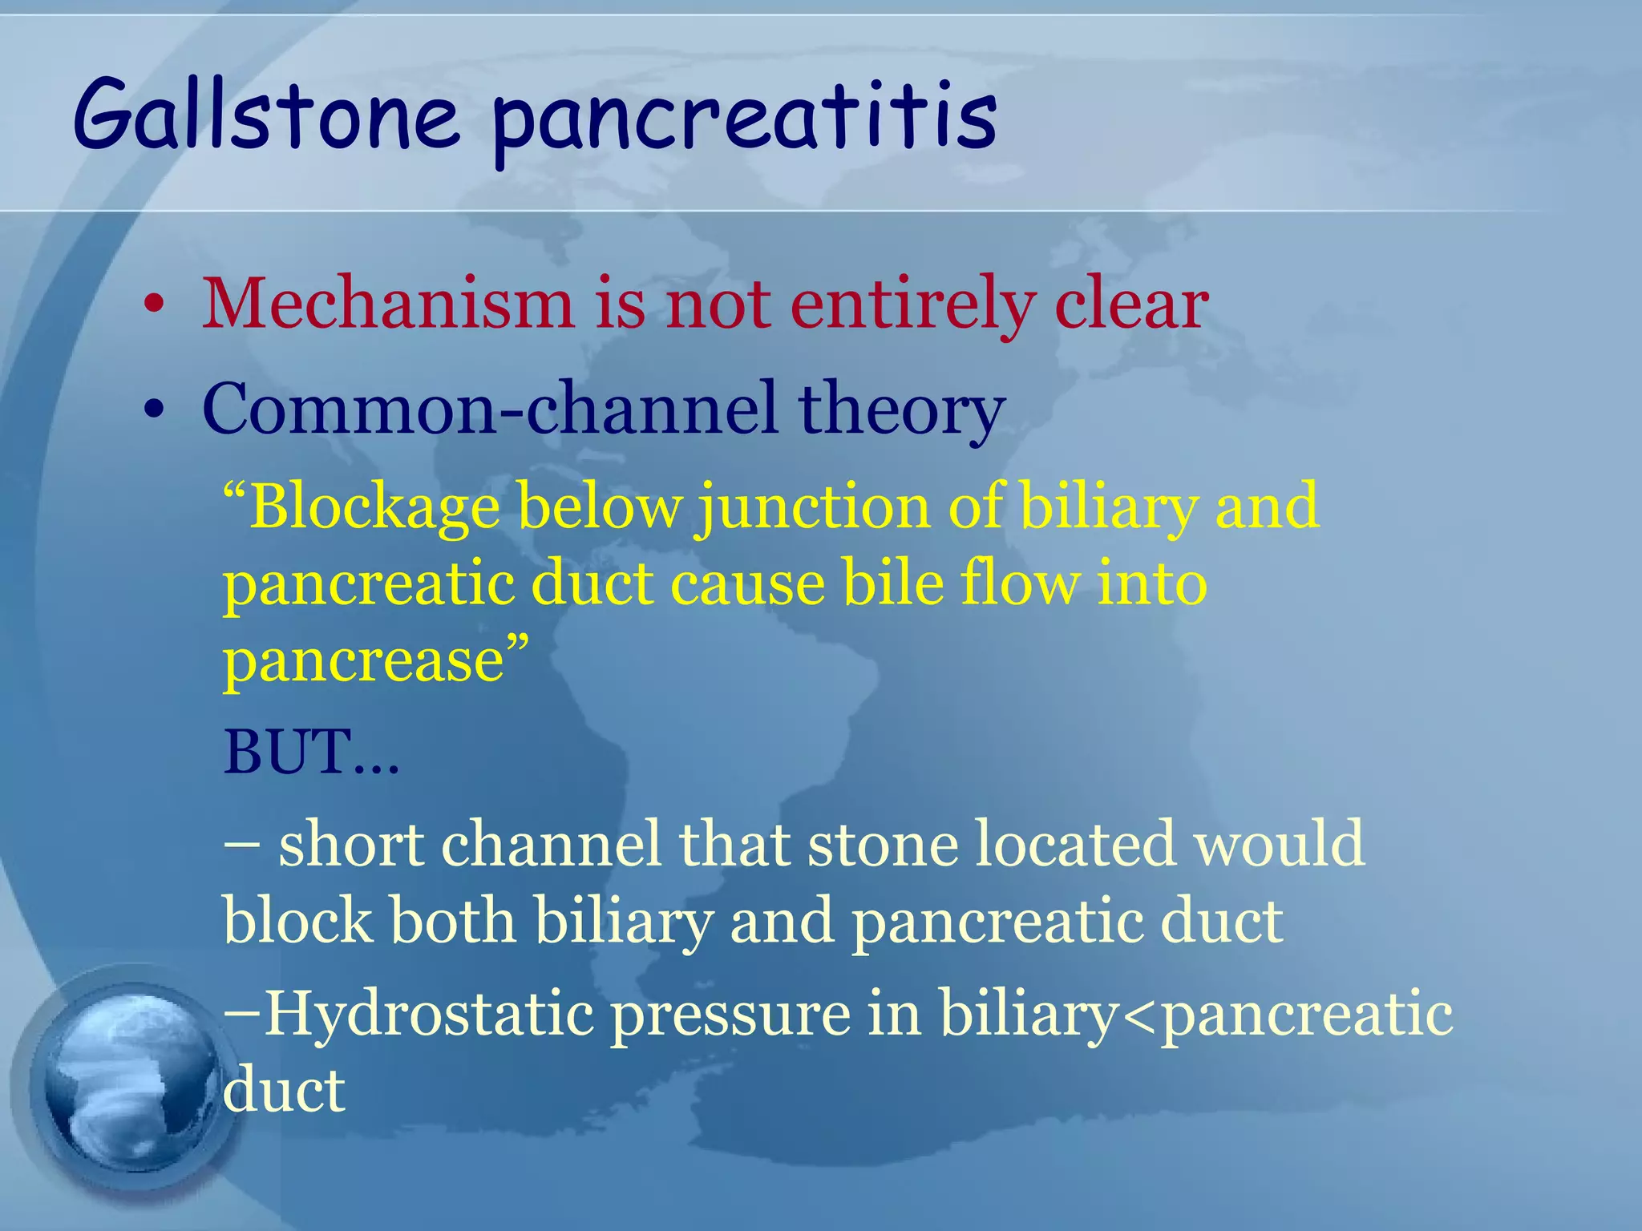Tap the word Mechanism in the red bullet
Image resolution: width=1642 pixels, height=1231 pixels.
[x=387, y=305]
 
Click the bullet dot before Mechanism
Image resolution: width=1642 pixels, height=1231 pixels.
[x=154, y=308]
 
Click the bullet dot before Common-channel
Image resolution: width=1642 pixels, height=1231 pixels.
[x=154, y=412]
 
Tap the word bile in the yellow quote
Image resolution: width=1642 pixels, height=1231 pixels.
[x=893, y=583]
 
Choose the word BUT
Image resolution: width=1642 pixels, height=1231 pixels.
[x=289, y=753]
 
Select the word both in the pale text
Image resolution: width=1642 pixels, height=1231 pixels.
[x=452, y=922]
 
